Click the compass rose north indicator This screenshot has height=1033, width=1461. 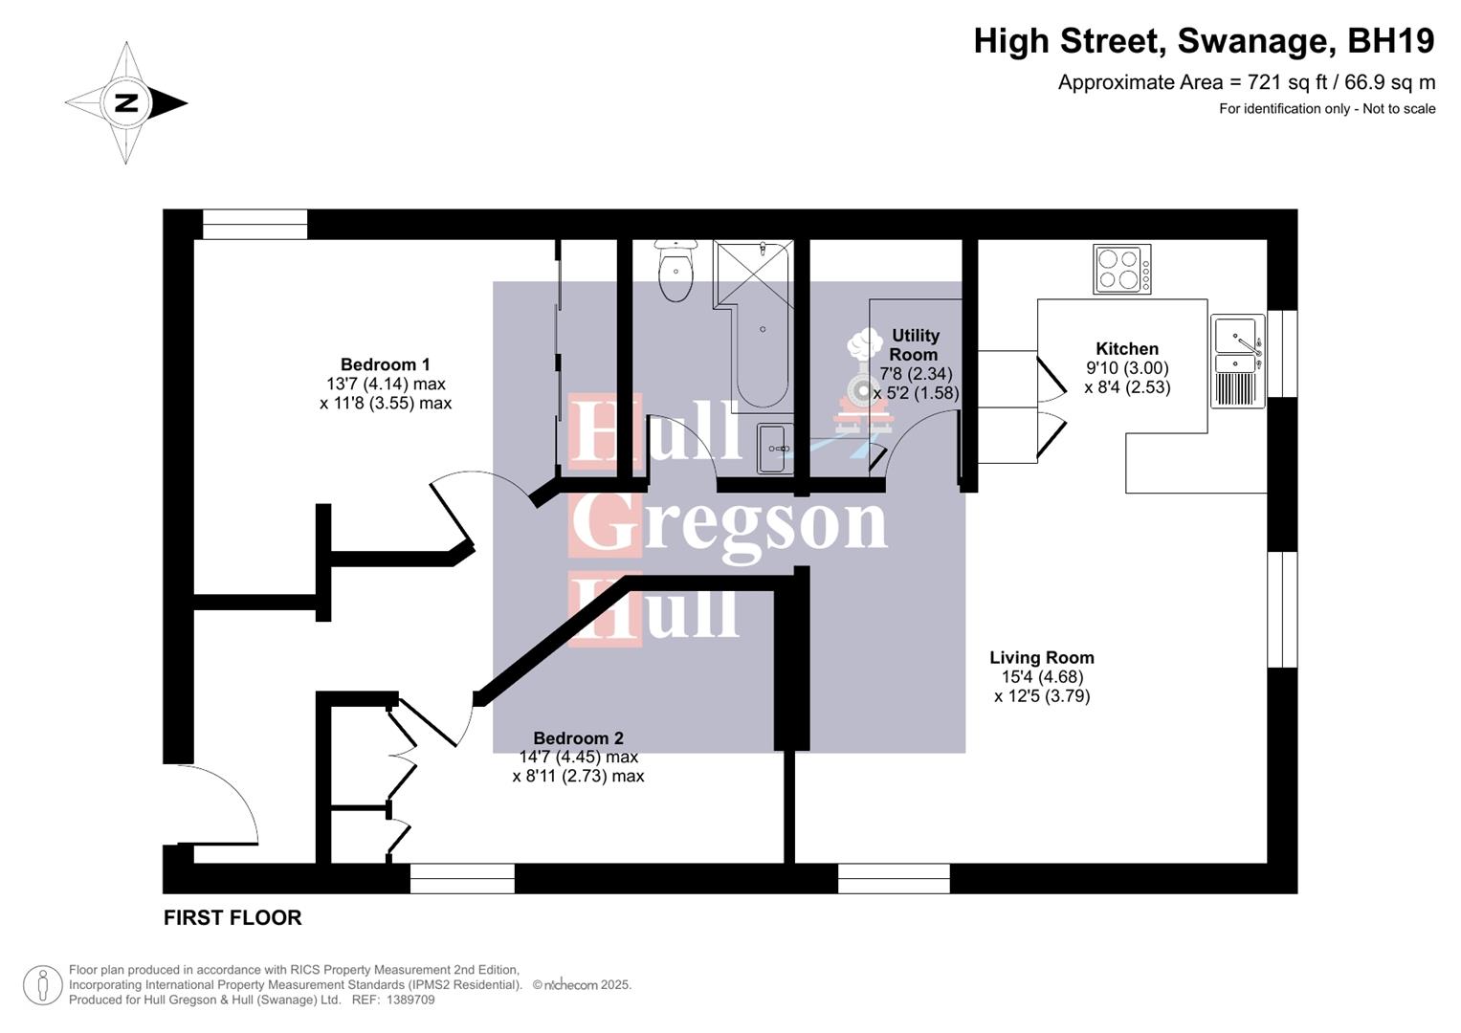coord(126,102)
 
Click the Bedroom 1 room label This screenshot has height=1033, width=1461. coord(385,364)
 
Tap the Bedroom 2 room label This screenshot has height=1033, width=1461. coord(578,738)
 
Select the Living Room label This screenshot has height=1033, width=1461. coord(1041,658)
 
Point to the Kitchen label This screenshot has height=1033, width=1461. coord(1126,349)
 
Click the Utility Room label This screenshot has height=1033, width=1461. coord(915,344)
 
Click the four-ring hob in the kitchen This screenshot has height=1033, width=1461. coord(1121,270)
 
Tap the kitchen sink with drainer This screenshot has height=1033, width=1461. coord(1237,361)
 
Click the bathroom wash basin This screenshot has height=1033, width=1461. coord(774,448)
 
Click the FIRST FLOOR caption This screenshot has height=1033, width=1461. coord(232,918)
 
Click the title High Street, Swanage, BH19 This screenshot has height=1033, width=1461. coord(1204,41)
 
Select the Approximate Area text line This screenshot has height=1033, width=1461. coord(1246,82)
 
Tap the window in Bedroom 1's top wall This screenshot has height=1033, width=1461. coord(255,225)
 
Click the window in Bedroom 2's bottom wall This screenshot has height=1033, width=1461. coord(462,878)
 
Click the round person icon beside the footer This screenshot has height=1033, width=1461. coord(42,984)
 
